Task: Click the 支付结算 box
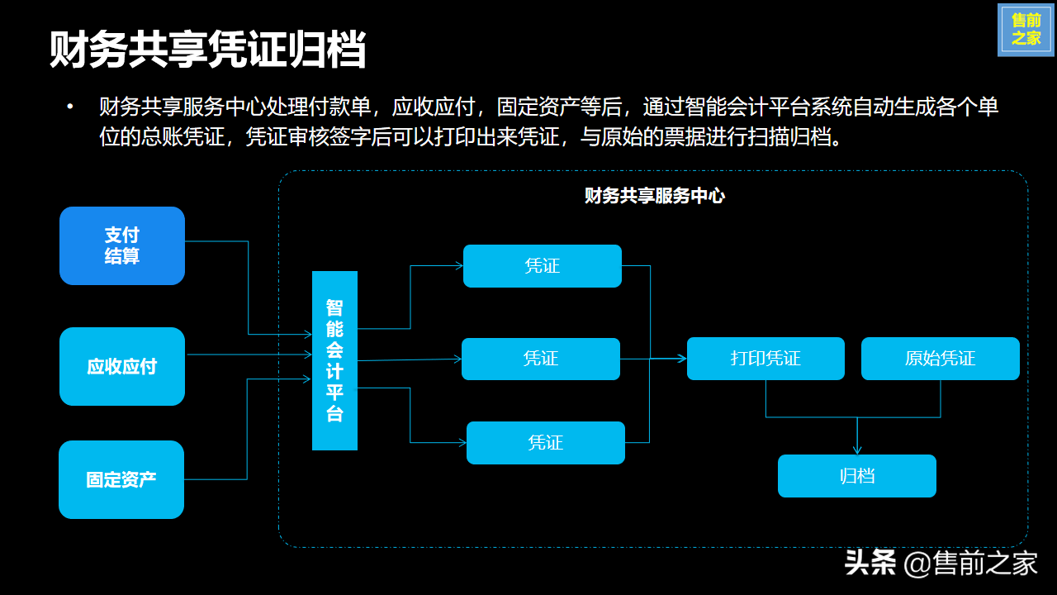(x=122, y=245)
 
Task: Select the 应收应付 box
(x=122, y=366)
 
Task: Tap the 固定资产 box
(x=121, y=479)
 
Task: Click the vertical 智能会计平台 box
(x=334, y=360)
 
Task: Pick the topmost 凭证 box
(x=542, y=266)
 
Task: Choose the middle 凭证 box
(x=541, y=359)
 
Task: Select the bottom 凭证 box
(x=546, y=443)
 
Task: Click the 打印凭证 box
(x=765, y=359)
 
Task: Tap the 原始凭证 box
(x=940, y=359)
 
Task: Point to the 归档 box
(x=856, y=476)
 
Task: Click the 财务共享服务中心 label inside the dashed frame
(x=654, y=196)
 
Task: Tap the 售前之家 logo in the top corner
(x=1026, y=30)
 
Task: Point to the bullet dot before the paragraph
(x=70, y=107)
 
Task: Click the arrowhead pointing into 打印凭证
(x=682, y=359)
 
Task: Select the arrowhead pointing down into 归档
(x=857, y=450)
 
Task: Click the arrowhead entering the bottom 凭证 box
(x=462, y=443)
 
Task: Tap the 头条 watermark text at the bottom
(x=870, y=564)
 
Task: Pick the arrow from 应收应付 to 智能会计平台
(x=248, y=355)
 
